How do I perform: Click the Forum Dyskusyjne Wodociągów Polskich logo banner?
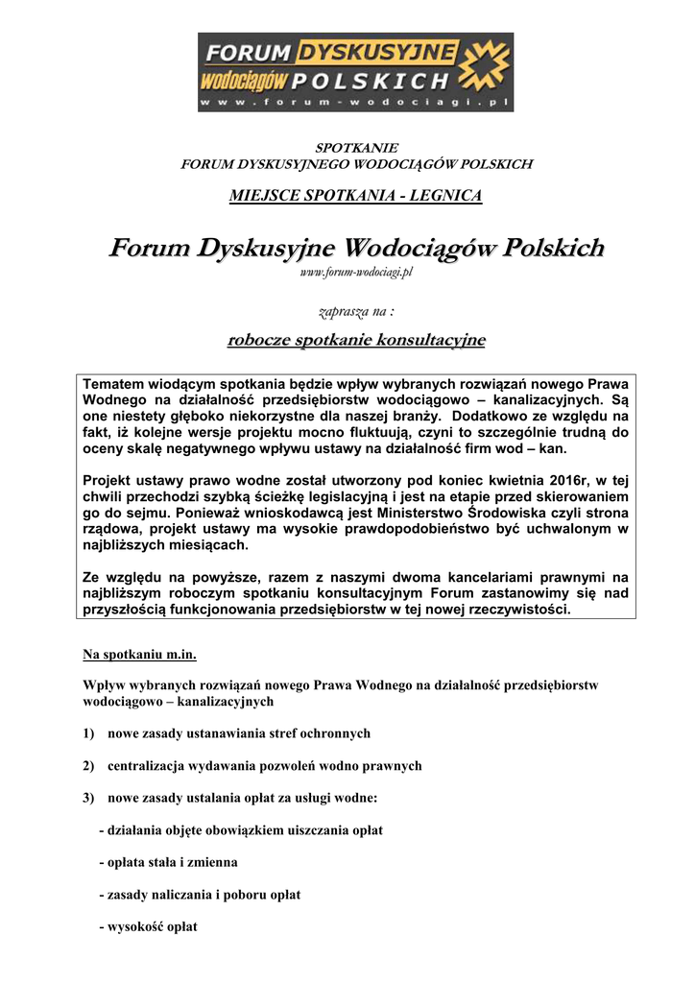[355, 72]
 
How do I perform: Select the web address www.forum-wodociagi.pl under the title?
[355, 274]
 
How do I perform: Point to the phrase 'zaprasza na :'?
[355, 312]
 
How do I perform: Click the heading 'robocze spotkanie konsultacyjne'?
[355, 340]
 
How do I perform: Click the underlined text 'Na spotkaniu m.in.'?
[139, 656]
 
